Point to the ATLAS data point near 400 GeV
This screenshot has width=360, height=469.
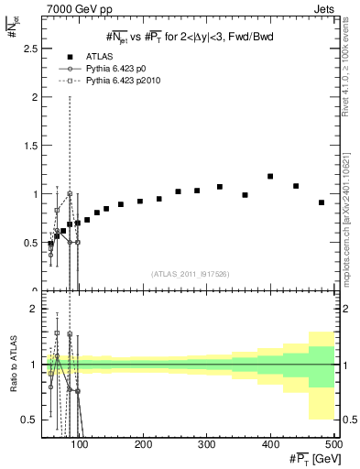coord(270,176)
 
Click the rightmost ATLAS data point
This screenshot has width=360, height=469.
coord(322,202)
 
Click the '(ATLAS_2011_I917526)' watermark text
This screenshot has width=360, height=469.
coord(191,273)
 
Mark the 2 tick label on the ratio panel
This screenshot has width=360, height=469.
coord(38,310)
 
